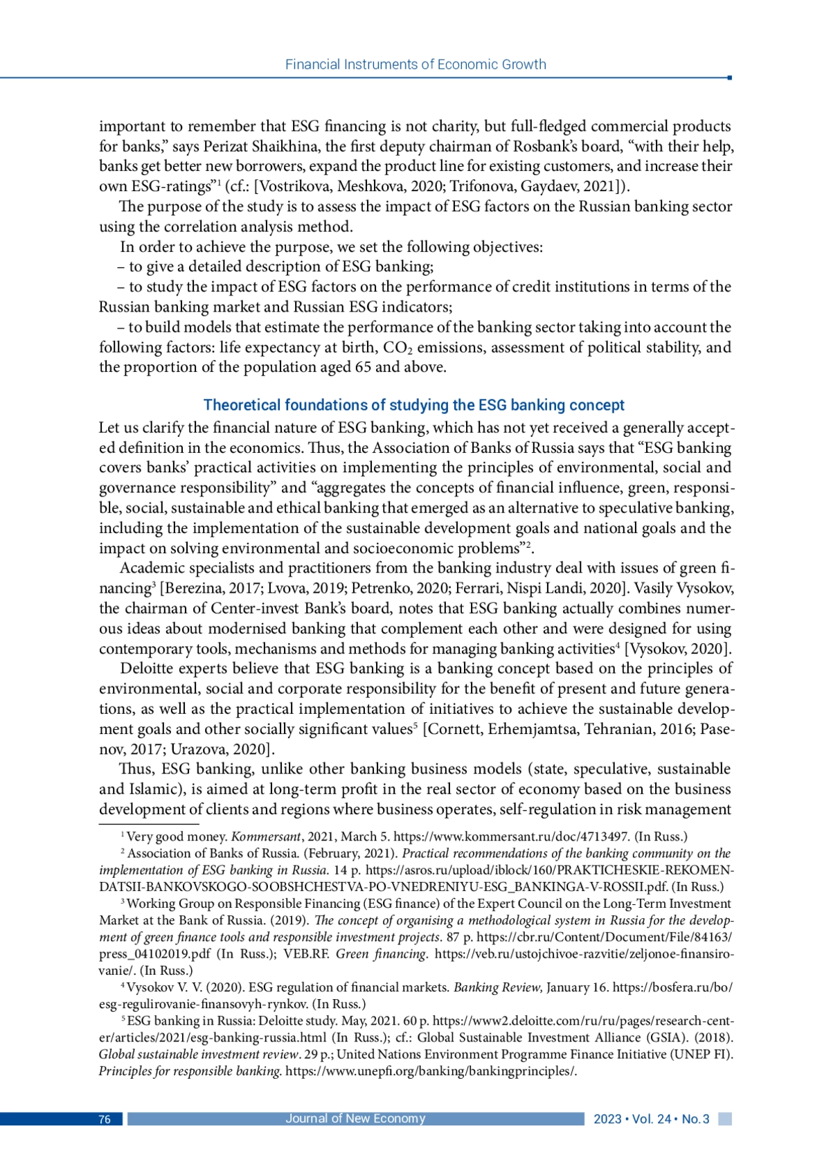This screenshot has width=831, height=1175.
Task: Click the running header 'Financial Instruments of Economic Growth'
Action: [415, 64]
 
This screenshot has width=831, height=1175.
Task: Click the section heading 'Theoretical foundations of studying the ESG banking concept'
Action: [413, 405]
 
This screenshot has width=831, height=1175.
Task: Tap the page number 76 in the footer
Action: [105, 1120]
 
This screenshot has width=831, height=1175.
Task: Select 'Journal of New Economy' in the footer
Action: [355, 1119]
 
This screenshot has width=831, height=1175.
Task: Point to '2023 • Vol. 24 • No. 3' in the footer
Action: [651, 1120]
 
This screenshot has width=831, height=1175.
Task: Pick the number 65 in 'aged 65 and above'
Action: [363, 367]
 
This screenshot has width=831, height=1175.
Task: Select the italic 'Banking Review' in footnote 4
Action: [498, 987]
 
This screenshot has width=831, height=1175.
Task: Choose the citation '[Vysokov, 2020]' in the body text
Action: [678, 649]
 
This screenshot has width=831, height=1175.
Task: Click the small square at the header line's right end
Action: [729, 78]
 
